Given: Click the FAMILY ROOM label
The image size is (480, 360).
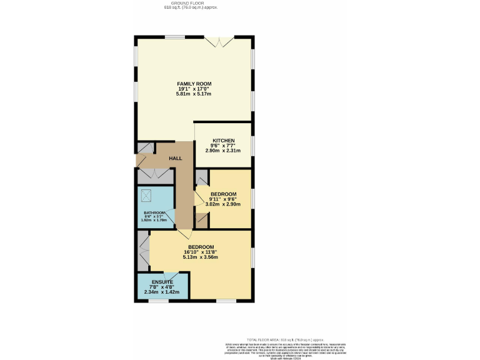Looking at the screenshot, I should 194,84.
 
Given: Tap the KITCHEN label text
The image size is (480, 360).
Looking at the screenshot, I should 223,140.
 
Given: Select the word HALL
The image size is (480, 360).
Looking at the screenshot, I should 176,159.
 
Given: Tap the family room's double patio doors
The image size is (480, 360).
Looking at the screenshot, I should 220,41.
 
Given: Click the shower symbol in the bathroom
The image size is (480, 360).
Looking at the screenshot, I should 148,196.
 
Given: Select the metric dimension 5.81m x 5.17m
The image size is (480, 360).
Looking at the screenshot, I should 194,94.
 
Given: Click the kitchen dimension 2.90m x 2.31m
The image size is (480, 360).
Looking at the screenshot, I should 223,151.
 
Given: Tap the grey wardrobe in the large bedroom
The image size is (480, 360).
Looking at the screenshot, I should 143,251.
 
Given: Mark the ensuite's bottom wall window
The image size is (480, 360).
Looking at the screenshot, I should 159,301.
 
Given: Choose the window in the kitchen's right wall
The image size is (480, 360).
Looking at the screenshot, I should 252,145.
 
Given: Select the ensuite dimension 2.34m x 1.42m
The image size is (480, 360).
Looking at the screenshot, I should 162,292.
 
